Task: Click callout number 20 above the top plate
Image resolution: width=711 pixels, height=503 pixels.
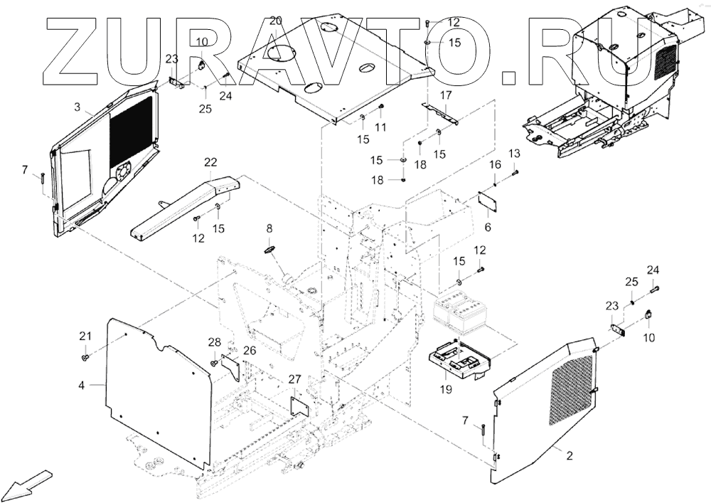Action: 276,20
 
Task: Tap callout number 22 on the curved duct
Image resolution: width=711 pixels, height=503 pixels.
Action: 211,162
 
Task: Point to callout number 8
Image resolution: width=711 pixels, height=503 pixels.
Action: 269,228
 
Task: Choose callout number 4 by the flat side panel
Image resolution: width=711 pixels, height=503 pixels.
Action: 81,385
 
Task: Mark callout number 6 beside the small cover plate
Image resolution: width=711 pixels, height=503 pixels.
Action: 488,227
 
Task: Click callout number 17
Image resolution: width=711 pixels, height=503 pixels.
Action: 446,95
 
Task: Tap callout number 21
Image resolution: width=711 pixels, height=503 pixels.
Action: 85,336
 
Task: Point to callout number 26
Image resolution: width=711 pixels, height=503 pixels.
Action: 250,350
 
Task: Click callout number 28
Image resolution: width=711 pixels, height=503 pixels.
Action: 215,343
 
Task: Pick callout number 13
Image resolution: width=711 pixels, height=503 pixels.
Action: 514,154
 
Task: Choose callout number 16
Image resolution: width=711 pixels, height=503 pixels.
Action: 495,165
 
